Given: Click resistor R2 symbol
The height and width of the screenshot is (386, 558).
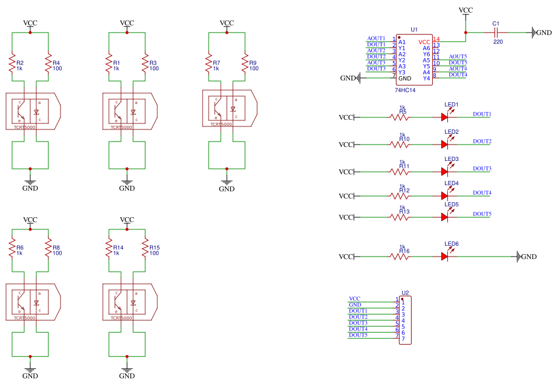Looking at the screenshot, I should click(11, 65).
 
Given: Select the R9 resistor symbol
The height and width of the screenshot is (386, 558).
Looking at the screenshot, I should click(245, 65).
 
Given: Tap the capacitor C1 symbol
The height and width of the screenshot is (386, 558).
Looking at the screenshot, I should click(496, 33).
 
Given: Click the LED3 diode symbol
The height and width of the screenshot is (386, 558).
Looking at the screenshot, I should click(445, 172).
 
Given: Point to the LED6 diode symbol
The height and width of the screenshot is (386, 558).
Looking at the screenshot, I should click(445, 257).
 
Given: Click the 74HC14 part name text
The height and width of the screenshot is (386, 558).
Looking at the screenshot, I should click(405, 90).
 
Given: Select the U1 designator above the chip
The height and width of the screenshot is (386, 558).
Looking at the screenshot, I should click(414, 29).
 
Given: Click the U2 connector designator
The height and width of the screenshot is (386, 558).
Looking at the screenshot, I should click(405, 293).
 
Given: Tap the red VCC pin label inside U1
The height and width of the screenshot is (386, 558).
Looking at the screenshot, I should click(424, 42).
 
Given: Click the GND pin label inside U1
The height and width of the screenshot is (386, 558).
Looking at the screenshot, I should click(405, 79).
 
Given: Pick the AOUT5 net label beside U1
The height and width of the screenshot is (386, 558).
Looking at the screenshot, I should click(458, 56).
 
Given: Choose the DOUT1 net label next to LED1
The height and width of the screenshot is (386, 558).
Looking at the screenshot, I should click(482, 114).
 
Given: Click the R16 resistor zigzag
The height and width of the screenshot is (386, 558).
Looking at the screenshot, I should click(400, 257).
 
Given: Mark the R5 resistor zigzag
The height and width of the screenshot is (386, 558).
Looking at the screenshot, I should click(400, 117).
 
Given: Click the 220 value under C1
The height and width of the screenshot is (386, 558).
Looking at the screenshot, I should click(498, 41).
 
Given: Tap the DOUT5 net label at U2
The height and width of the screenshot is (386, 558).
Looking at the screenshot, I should click(358, 335).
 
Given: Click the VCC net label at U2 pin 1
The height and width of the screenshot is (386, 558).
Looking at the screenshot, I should click(354, 299).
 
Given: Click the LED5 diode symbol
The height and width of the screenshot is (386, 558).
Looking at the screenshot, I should click(445, 217).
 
